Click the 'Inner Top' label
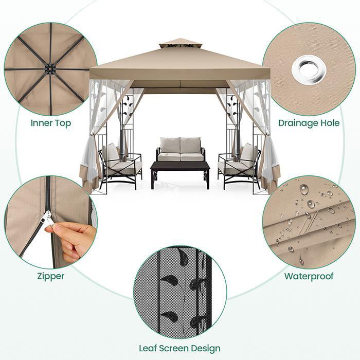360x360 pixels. coord(50,123)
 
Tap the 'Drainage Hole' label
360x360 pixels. coord(309,123)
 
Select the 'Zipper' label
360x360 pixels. coord(50,276)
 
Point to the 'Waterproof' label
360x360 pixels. coord(309,276)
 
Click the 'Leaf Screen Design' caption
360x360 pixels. coord(179,349)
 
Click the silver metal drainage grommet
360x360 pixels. coord(309,69)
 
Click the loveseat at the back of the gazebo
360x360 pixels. coord(180,150)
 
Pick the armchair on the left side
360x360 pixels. coord(120,165)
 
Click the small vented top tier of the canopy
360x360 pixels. coord(179,44)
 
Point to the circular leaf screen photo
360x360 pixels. coord(179,292)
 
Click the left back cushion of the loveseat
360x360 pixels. coord(169,146)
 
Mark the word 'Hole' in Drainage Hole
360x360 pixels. coord(329,123)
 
